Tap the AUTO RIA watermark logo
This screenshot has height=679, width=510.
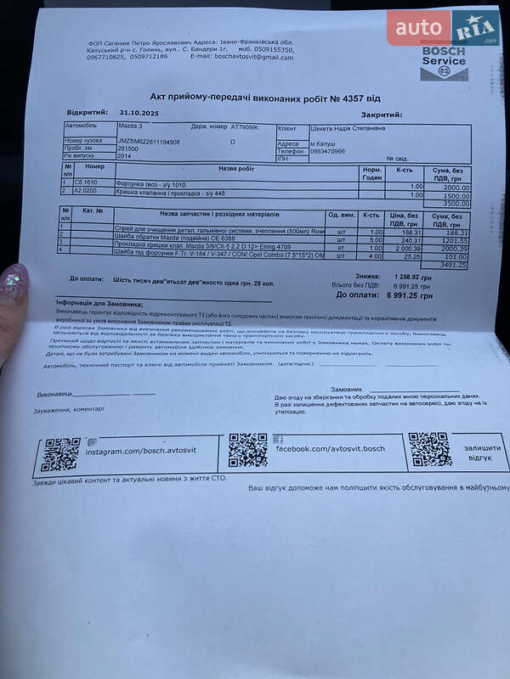[x=443, y=28]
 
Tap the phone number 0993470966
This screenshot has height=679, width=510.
[x=327, y=151]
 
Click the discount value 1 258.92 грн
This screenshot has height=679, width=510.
[x=413, y=277]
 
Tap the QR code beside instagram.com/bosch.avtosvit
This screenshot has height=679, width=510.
[x=61, y=454]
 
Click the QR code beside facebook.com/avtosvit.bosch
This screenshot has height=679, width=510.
[x=247, y=450]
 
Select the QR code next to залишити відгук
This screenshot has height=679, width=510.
[x=429, y=449]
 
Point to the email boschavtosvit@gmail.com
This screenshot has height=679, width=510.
[x=253, y=57]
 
